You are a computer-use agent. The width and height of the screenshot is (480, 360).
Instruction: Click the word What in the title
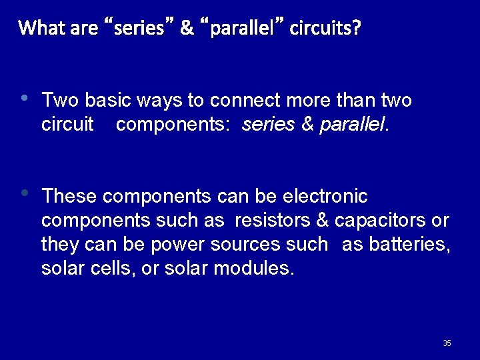coord(41,28)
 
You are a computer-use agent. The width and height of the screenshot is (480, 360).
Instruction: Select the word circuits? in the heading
coord(325,28)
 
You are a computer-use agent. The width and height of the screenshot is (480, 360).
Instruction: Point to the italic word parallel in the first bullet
coord(352,125)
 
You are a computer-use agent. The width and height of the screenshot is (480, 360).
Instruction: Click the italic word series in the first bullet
coord(270,125)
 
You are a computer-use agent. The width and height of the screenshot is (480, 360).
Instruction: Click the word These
coord(69,197)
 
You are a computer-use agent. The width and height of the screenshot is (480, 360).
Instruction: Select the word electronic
coord(325,197)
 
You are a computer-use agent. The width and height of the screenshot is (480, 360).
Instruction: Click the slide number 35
coord(447,343)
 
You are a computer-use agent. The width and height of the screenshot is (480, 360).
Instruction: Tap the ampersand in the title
coord(187,28)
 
